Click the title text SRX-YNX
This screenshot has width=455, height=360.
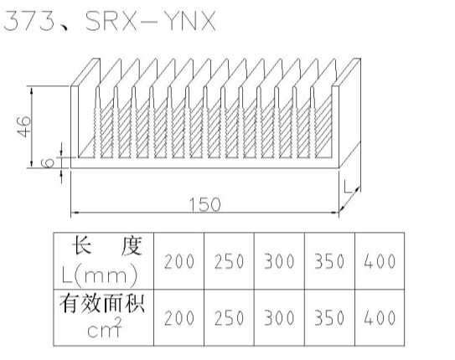pyautogui.click(x=151, y=21)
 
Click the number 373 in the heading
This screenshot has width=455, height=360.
pyautogui.click(x=29, y=21)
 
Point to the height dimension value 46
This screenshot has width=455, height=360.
pyautogui.click(x=23, y=126)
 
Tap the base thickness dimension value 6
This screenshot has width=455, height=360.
pyautogui.click(x=48, y=162)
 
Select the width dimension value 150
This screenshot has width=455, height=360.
pyautogui.click(x=204, y=204)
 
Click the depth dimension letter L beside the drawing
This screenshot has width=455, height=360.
pyautogui.click(x=348, y=187)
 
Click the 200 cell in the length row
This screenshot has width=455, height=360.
pyautogui.click(x=179, y=261)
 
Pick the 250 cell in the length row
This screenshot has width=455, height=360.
pyautogui.click(x=230, y=261)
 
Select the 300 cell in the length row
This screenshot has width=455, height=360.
pyautogui.click(x=279, y=261)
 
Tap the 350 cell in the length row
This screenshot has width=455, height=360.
pyautogui.click(x=329, y=261)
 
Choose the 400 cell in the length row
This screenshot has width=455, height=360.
pyautogui.click(x=380, y=261)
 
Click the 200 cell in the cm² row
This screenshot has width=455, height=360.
pyautogui.click(x=179, y=317)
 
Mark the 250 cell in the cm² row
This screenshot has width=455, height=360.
pyautogui.click(x=230, y=317)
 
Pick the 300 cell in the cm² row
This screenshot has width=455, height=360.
pyautogui.click(x=279, y=317)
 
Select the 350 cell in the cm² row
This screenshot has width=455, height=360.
pyautogui.click(x=329, y=317)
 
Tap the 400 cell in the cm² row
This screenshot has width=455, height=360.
pyautogui.click(x=380, y=317)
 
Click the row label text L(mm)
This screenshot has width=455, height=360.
pyautogui.click(x=100, y=275)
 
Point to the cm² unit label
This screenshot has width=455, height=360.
pyautogui.click(x=105, y=327)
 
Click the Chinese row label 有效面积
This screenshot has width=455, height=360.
pyautogui.click(x=102, y=303)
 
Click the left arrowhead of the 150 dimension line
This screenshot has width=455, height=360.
pyautogui.click(x=75, y=213)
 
